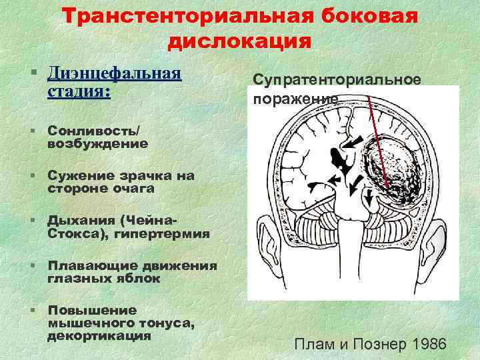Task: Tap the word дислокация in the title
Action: tap(239, 41)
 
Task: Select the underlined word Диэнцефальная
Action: tap(115, 71)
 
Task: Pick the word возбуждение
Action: tap(98, 143)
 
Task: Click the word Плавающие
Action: tap(87, 266)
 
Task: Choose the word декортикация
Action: tap(99, 335)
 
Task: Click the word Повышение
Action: tap(92, 310)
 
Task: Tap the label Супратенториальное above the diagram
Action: tap(337, 79)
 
